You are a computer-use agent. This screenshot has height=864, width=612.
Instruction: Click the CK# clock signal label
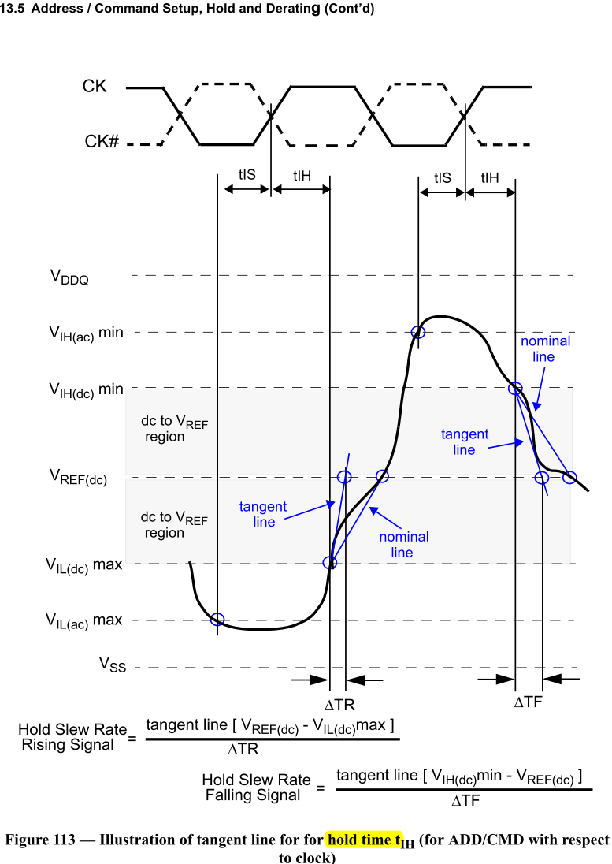tap(102, 143)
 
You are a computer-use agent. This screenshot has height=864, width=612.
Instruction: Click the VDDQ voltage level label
tap(69, 276)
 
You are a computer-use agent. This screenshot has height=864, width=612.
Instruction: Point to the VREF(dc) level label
tap(78, 477)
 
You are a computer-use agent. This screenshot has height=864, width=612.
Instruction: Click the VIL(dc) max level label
tap(83, 564)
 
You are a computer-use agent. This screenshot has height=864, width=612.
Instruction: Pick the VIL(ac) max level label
tap(83, 620)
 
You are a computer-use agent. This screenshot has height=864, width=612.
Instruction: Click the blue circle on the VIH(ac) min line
tap(418, 333)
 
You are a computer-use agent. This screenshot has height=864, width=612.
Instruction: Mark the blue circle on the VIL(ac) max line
tap(217, 619)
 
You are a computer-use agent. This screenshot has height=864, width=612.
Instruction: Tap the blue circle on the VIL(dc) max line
tap(329, 563)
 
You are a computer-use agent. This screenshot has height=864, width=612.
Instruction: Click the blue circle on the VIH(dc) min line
tap(515, 388)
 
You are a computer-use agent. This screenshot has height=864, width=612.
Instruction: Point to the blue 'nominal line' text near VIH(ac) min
tap(545, 348)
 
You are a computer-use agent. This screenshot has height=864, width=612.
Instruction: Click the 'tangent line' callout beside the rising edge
tap(263, 514)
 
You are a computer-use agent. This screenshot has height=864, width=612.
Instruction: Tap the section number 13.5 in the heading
tap(13, 9)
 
